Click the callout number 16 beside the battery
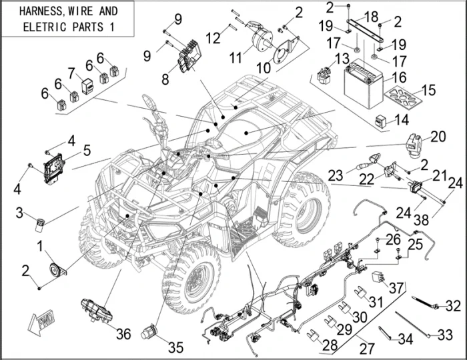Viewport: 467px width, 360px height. click(399, 78)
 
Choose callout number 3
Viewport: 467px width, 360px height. click(19, 213)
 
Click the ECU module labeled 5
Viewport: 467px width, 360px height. click(52, 165)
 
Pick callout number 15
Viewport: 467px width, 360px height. click(428, 89)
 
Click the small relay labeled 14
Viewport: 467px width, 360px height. click(382, 121)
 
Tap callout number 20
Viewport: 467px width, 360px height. click(438, 136)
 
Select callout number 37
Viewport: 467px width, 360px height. click(397, 287)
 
